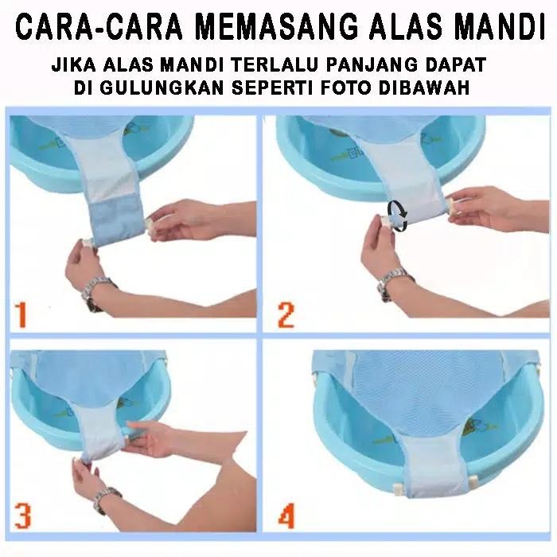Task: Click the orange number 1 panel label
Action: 21,315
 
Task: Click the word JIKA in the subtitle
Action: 70,63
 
